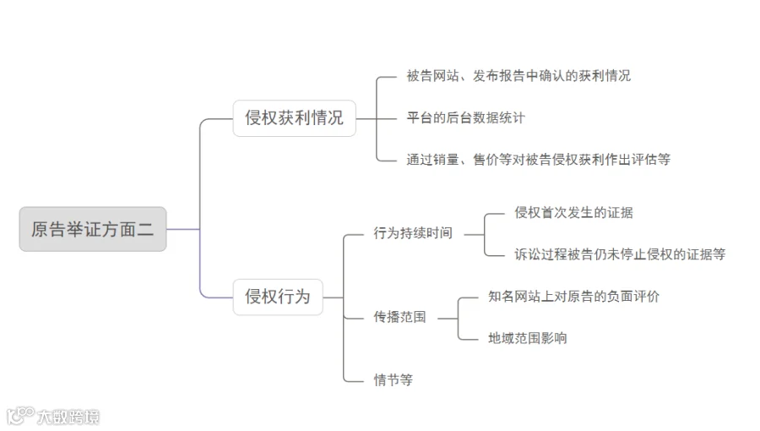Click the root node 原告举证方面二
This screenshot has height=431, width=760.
point(93,229)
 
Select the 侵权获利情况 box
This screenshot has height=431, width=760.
point(294,118)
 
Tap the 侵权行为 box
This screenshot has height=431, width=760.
point(278,297)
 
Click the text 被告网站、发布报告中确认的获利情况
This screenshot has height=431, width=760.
point(518,76)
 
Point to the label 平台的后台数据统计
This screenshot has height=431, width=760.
point(466,117)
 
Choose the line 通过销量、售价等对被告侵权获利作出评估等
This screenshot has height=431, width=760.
point(539,160)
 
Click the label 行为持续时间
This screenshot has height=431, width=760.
point(413,233)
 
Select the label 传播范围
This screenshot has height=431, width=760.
point(400,317)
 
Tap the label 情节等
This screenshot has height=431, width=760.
point(393,380)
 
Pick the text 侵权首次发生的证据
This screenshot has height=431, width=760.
point(574,213)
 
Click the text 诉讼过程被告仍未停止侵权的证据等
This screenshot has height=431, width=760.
point(620,254)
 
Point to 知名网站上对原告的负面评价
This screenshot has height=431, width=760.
point(574,297)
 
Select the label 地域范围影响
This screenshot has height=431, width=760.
point(527,338)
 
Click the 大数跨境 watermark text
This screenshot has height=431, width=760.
point(68,417)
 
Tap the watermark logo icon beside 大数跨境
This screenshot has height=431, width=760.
point(20,416)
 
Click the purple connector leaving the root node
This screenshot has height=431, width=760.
point(182,229)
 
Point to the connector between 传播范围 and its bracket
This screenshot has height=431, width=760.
point(448,319)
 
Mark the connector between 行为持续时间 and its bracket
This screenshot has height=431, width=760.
point(474,235)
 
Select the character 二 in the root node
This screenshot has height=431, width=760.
point(145,229)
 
